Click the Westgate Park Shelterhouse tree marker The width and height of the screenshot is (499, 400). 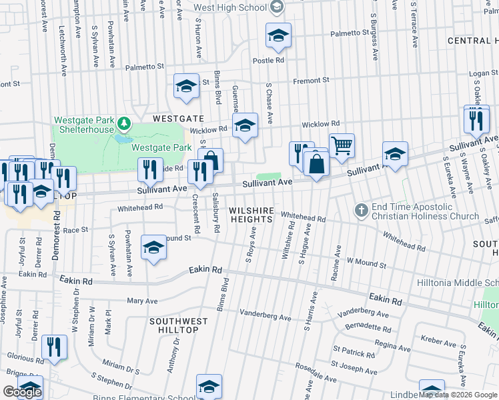123,124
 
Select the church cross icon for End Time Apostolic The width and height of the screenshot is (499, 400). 361,211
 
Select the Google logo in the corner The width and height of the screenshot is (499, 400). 22,392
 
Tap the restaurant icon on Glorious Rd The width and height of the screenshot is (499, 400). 54,347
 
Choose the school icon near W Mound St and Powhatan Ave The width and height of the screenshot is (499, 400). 153,249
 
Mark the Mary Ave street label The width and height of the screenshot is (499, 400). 142,301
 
